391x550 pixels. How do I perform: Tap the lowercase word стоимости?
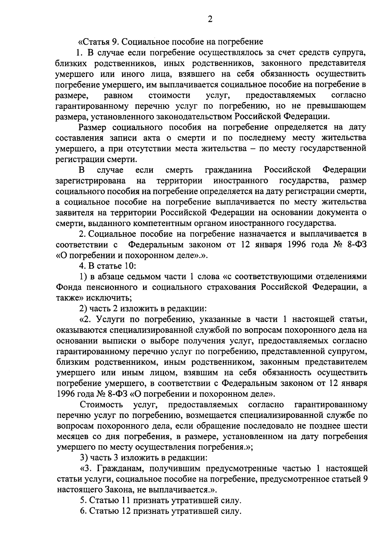tap(169, 95)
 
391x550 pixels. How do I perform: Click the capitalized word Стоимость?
tap(101, 405)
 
